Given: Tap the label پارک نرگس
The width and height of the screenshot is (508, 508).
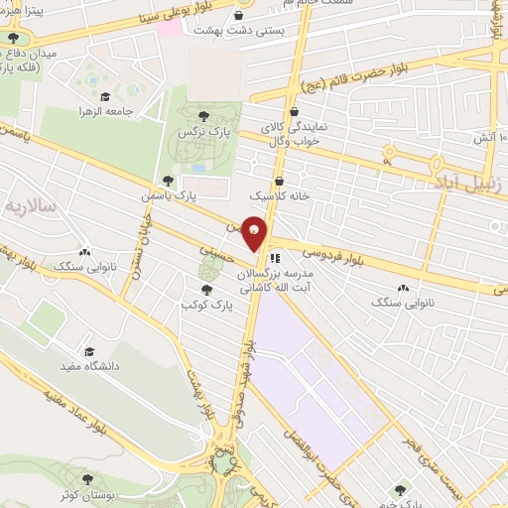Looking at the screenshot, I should (195, 131).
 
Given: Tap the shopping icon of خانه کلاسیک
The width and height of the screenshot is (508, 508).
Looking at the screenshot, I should (279, 182).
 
